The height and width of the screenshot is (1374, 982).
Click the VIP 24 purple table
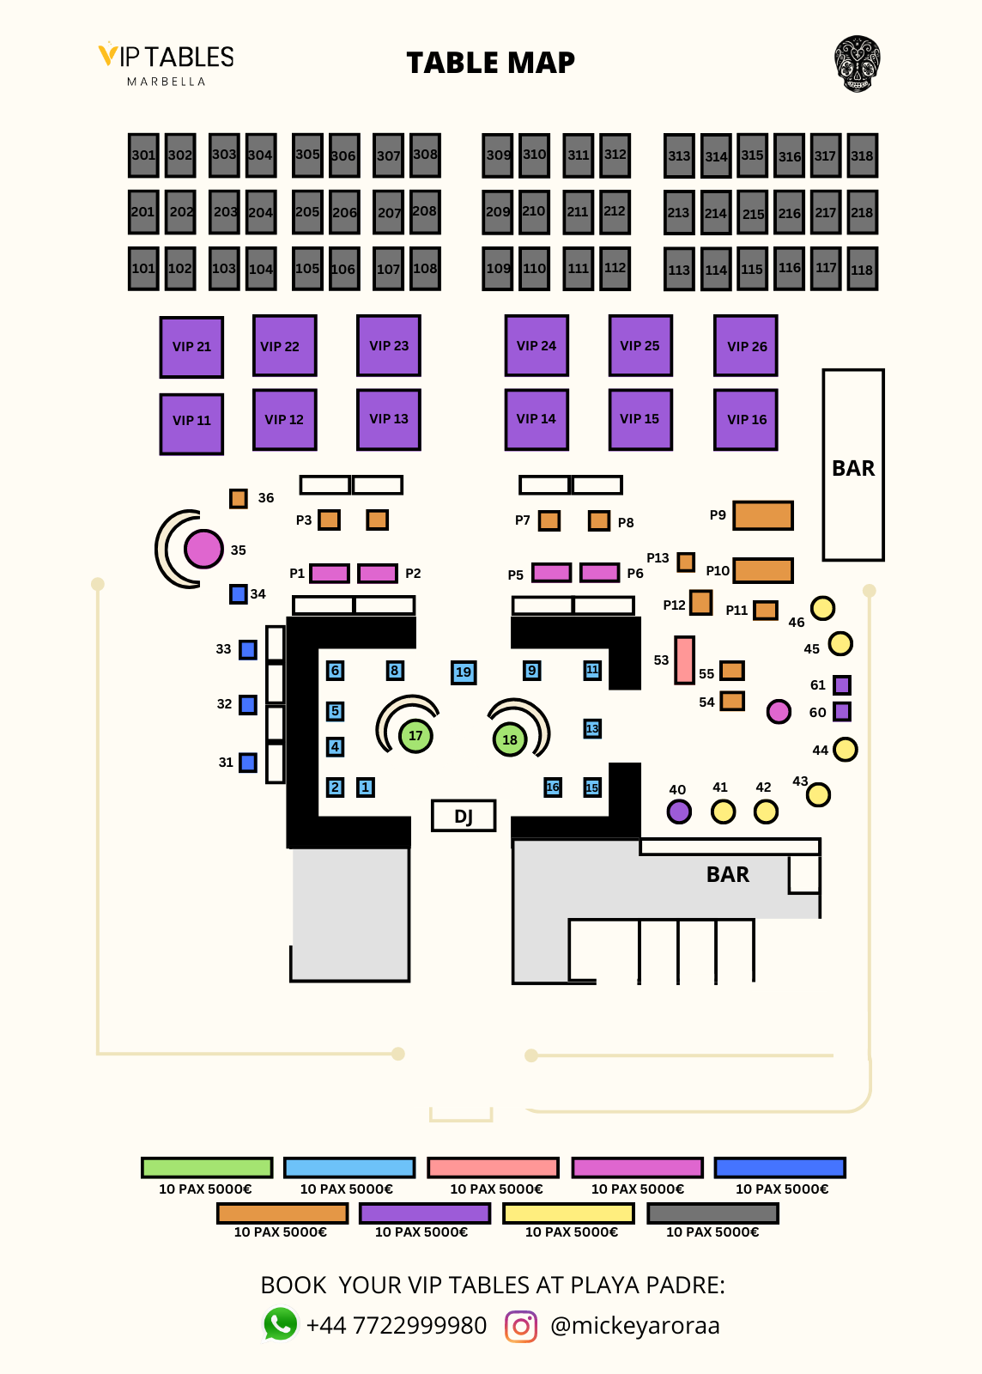coord(536,345)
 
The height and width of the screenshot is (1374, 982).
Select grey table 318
coord(862,155)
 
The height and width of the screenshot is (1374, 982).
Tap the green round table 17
coord(415,735)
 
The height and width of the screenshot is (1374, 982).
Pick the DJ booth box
coord(464,816)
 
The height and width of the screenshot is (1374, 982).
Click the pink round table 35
coord(203,550)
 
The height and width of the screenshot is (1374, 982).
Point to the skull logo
coord(857,64)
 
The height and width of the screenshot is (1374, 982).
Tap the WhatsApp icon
coord(280,1324)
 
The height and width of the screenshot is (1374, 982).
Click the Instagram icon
coord(521,1326)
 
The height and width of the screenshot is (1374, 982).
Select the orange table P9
coord(762,515)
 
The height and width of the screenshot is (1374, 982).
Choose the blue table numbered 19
coord(464,672)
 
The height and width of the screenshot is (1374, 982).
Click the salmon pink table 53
coord(684,660)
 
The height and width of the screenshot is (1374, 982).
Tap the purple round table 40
coord(679,812)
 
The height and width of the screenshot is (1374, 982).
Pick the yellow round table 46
coord(822,608)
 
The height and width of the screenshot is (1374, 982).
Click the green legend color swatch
coord(207,1168)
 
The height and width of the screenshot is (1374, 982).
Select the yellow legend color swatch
coord(568,1213)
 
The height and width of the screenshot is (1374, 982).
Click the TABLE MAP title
coord(490,63)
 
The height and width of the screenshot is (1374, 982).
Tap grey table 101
coord(143,268)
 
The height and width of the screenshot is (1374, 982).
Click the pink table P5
coord(551,573)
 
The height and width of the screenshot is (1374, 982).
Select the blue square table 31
coord(248,762)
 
